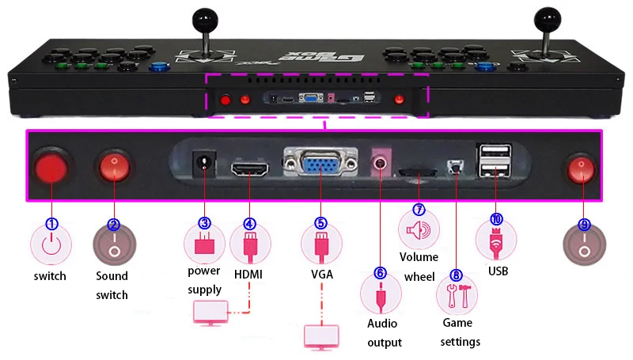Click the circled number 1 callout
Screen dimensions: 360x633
click(x=52, y=224)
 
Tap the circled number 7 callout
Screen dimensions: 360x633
click(x=419, y=210)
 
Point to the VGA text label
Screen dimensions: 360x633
click(x=322, y=274)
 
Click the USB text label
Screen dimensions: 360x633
click(x=498, y=271)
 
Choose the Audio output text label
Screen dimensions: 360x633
click(x=385, y=332)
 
